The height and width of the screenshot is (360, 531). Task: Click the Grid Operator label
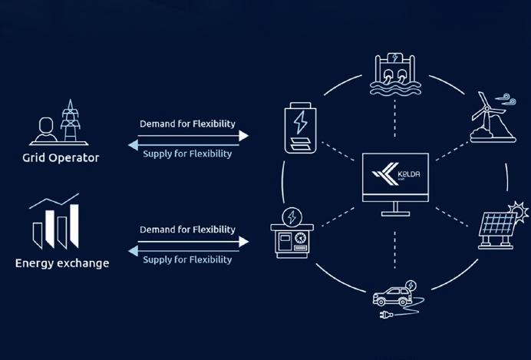61,159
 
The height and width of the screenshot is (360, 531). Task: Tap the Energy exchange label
62,263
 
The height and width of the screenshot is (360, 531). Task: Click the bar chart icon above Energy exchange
54,222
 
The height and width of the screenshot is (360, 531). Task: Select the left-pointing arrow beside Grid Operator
133,144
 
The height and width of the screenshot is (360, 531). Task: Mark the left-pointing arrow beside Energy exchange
133,249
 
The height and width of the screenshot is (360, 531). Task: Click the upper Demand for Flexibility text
187,124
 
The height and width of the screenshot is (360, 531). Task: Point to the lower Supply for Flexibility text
187,260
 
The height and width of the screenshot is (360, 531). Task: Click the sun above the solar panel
519,208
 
